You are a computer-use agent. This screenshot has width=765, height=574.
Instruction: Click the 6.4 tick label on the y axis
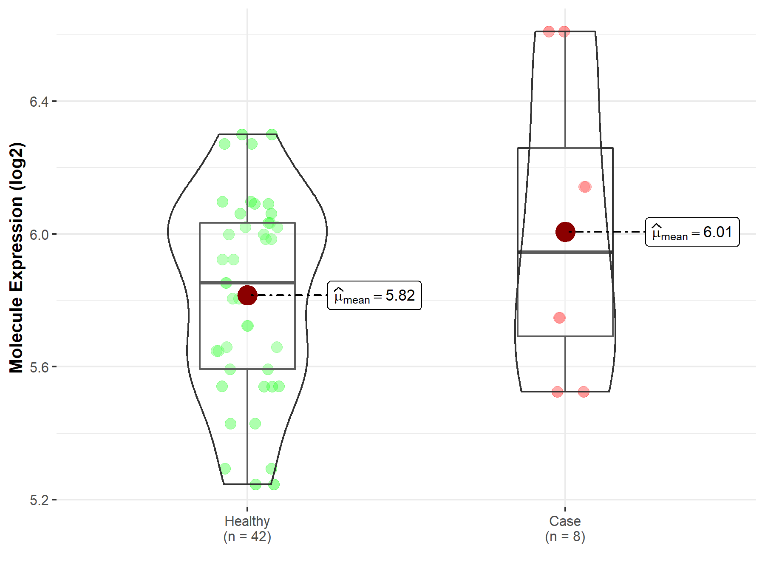(x=39, y=102)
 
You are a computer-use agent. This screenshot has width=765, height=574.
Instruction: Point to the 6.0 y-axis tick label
(x=39, y=234)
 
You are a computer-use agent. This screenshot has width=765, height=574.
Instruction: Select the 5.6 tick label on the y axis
(x=39, y=367)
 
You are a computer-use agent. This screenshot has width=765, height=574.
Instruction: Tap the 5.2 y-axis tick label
(x=39, y=500)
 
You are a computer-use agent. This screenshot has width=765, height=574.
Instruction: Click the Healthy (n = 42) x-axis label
(x=247, y=529)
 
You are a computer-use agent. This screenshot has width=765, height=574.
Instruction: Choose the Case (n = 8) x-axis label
(x=565, y=529)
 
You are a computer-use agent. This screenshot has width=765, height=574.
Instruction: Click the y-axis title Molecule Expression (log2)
(x=16, y=258)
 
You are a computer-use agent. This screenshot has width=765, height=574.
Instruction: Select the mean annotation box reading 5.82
(x=374, y=295)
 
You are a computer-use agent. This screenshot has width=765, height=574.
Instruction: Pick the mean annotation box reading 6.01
(x=692, y=232)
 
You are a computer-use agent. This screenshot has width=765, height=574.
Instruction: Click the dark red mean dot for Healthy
(x=247, y=295)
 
